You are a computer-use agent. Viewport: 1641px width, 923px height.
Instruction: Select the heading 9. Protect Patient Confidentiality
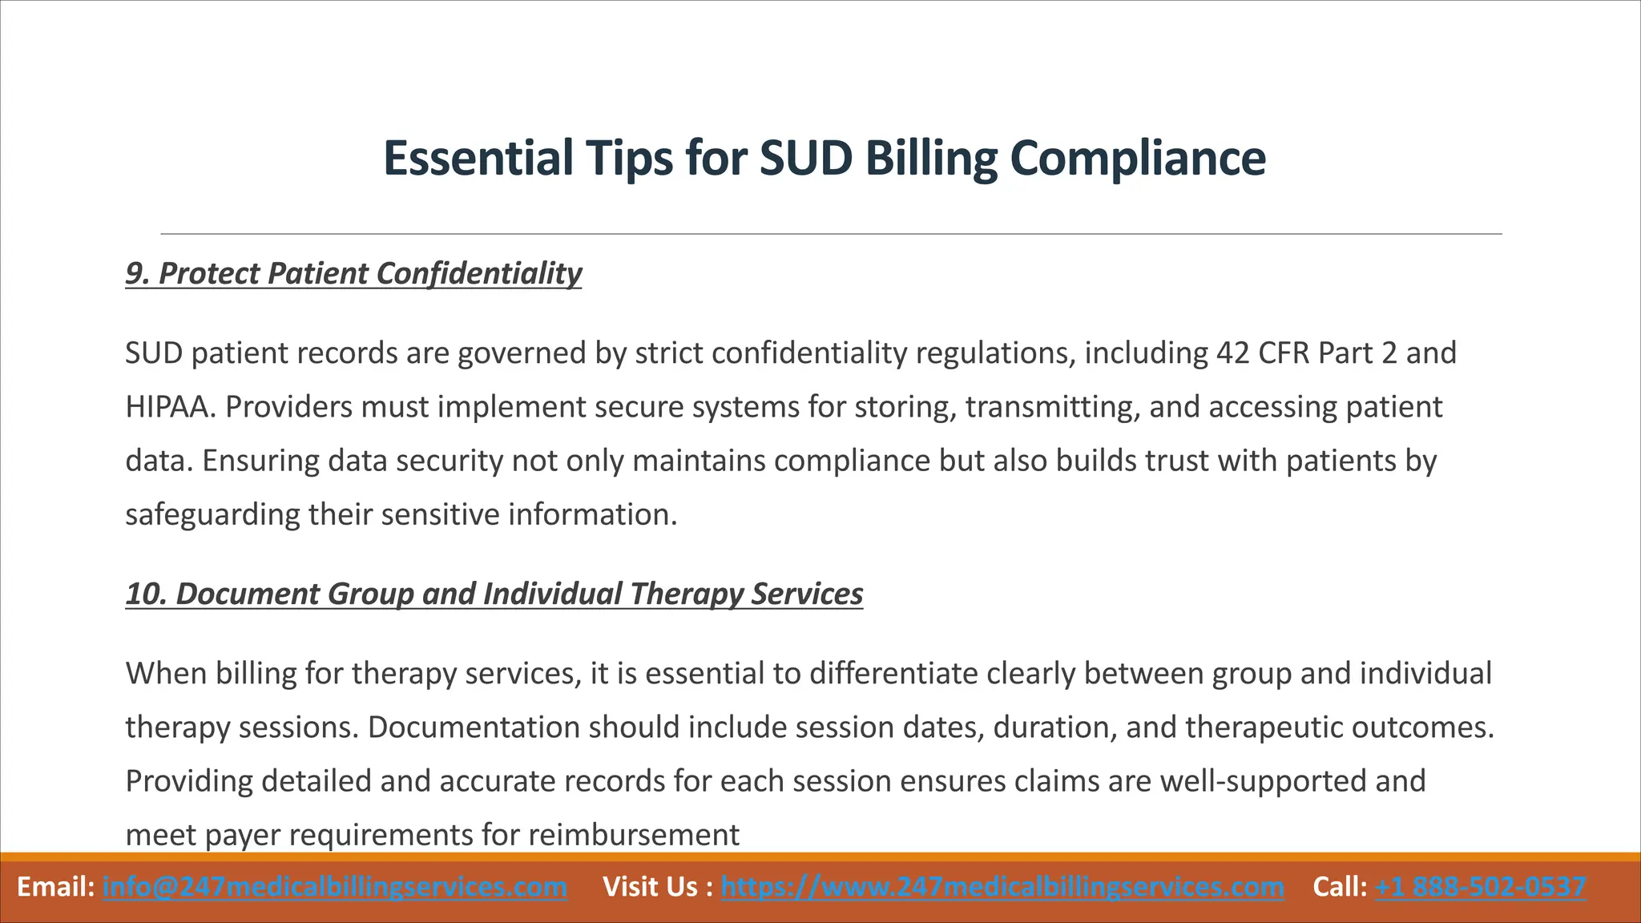point(353,273)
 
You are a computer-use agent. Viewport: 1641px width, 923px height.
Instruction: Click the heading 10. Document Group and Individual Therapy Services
point(494,594)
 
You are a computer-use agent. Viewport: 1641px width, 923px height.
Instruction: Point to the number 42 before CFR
point(1232,353)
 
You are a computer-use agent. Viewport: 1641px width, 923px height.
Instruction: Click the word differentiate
point(893,674)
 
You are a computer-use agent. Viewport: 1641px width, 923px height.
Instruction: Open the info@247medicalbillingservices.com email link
point(335,887)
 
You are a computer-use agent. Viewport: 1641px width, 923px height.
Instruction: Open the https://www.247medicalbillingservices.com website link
point(1002,887)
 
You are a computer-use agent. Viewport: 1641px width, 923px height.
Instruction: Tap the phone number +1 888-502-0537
point(1480,887)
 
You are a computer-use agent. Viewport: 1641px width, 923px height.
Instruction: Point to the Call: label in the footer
point(1340,887)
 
